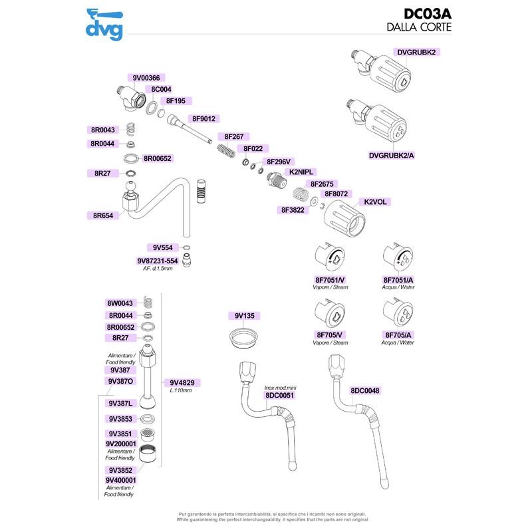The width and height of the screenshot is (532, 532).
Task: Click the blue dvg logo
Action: (104, 25)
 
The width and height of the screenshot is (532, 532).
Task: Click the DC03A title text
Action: (427, 14)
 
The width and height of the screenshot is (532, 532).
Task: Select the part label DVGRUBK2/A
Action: (391, 156)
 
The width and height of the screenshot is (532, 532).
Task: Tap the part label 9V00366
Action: (146, 78)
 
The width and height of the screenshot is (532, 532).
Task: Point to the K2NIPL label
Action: (301, 172)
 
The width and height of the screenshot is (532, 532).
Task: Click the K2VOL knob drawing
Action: (344, 219)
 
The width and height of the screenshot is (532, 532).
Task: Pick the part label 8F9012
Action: (203, 119)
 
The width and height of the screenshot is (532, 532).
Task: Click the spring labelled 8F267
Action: (226, 150)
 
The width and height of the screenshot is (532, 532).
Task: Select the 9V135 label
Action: (244, 316)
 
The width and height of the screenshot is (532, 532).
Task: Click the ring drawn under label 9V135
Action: (243, 337)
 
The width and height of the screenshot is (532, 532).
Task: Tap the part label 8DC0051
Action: (279, 395)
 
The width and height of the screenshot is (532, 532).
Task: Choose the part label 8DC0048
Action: (364, 391)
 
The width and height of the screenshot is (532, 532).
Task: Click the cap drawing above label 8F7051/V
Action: (330, 257)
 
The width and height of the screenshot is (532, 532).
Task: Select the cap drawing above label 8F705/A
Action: (398, 312)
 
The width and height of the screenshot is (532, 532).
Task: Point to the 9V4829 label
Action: (182, 383)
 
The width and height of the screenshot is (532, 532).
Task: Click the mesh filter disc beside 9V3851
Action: (147, 434)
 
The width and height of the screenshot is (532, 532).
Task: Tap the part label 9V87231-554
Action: (157, 261)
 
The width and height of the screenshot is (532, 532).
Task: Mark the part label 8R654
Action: (103, 215)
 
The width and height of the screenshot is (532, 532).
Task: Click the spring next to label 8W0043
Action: (147, 302)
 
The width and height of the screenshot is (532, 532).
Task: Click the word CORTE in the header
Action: (436, 27)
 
